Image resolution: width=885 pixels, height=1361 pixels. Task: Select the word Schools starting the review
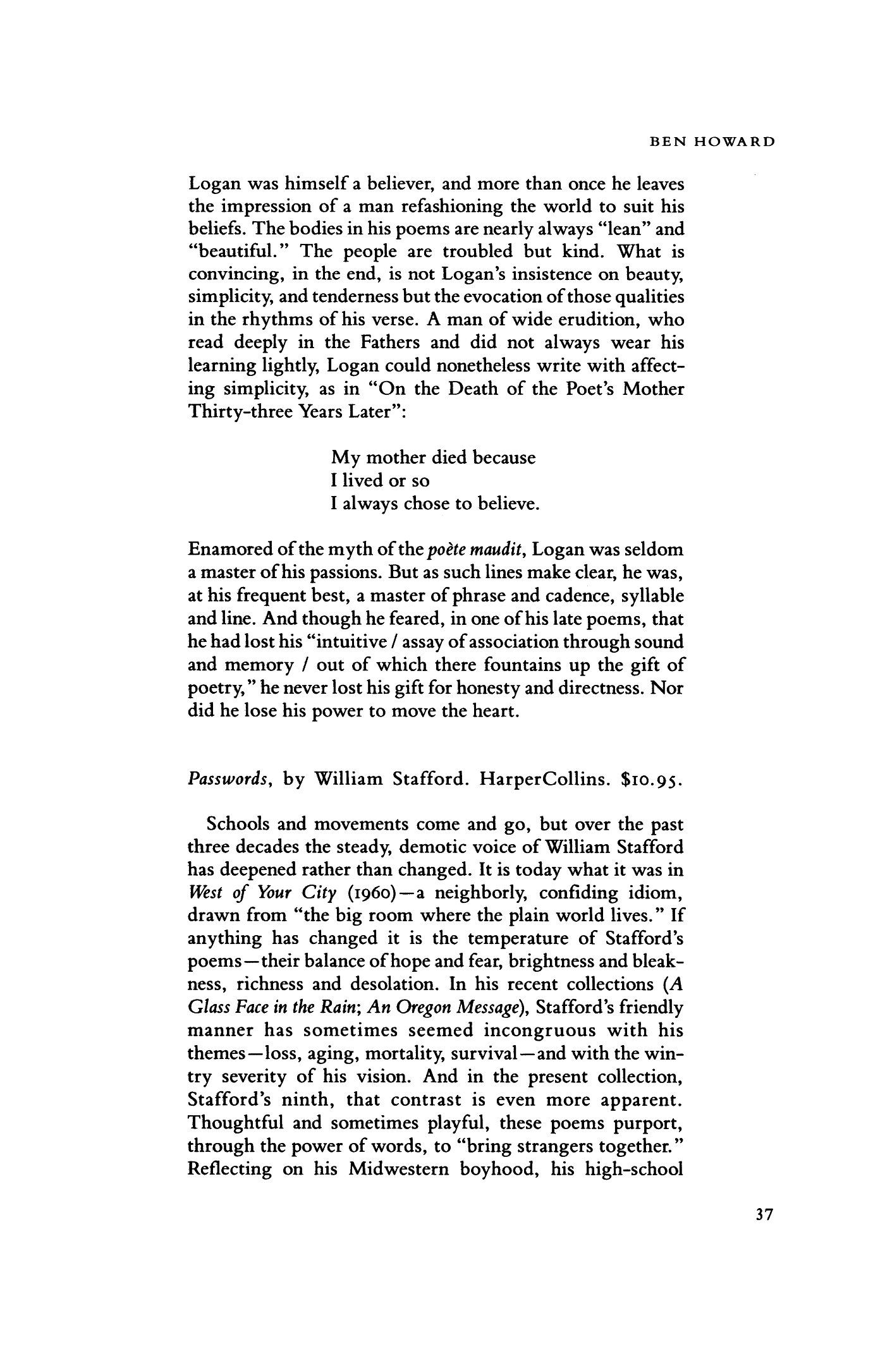point(236,825)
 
